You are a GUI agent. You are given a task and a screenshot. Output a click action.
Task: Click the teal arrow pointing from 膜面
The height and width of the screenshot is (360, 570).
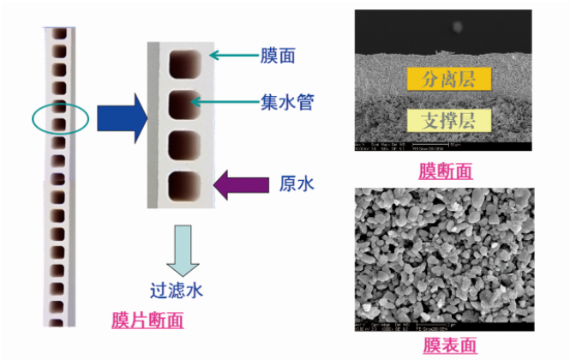pyautogui.click(x=231, y=56)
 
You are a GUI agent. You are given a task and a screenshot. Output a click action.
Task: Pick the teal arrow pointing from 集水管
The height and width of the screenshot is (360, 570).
pyautogui.click(x=227, y=103)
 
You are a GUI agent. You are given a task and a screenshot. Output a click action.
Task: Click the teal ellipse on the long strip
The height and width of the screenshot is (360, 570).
pyautogui.click(x=61, y=120)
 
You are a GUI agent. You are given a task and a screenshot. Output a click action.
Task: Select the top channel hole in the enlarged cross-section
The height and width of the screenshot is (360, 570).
pyautogui.click(x=184, y=64)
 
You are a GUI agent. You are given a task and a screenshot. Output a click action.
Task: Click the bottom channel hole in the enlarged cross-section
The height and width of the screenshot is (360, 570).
pyautogui.click(x=184, y=183)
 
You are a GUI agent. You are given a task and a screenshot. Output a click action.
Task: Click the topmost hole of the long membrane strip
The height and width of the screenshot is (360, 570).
pyautogui.click(x=59, y=37)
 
